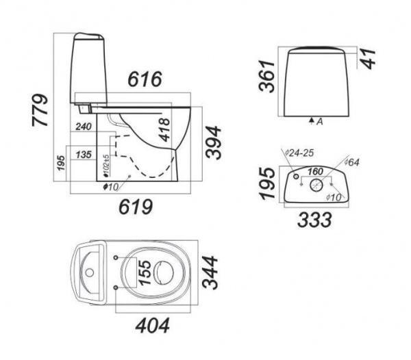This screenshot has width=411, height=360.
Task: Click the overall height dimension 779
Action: click(x=40, y=110)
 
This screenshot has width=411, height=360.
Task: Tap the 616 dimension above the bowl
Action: click(x=145, y=79)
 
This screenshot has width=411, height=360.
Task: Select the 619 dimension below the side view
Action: click(x=136, y=207)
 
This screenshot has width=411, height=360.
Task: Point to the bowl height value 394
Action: click(x=213, y=142)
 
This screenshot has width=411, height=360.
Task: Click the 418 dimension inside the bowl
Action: click(x=164, y=129)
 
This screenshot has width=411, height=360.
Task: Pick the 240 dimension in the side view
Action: click(x=84, y=127)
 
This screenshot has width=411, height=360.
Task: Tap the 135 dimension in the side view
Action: click(x=84, y=155)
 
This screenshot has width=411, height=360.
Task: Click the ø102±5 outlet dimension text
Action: click(x=106, y=165)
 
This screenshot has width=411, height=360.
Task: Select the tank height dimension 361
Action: click(x=266, y=76)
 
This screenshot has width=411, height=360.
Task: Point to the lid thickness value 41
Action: click(x=367, y=59)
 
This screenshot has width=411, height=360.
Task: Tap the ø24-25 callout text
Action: click(x=299, y=153)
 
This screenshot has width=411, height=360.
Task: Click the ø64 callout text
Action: click(x=351, y=162)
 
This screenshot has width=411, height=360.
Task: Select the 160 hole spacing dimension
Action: click(x=315, y=172)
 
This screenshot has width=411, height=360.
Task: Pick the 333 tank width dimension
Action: click(x=314, y=220)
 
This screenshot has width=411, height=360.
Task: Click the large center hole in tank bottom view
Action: click(x=316, y=185)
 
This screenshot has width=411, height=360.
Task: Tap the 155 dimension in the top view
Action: click(x=145, y=272)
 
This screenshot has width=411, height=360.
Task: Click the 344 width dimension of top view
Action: click(x=210, y=272)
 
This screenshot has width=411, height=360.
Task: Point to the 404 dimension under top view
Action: click(x=153, y=326)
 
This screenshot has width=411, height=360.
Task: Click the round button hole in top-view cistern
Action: click(x=90, y=272)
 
